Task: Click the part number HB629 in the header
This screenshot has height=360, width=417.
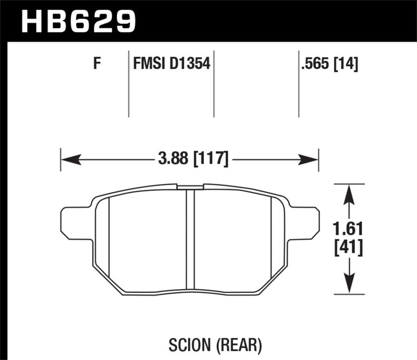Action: click(x=78, y=20)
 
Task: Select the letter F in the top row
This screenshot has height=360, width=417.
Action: click(x=96, y=65)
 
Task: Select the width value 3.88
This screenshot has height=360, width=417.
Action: click(x=174, y=158)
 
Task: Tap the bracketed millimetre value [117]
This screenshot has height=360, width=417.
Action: click(x=211, y=158)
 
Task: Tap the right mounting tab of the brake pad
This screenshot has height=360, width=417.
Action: click(x=308, y=221)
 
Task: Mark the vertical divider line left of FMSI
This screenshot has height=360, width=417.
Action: click(x=129, y=83)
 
